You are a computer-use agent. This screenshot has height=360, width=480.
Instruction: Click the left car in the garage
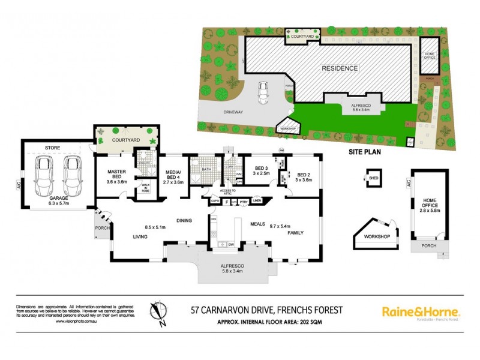44,173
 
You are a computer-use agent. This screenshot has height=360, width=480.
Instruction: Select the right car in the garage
71,173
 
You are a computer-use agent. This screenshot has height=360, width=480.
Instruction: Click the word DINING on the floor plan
184,221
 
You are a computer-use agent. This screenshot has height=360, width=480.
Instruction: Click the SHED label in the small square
373,178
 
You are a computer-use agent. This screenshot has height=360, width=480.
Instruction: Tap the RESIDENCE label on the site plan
339,68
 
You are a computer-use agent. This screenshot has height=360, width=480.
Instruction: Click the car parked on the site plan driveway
262,92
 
